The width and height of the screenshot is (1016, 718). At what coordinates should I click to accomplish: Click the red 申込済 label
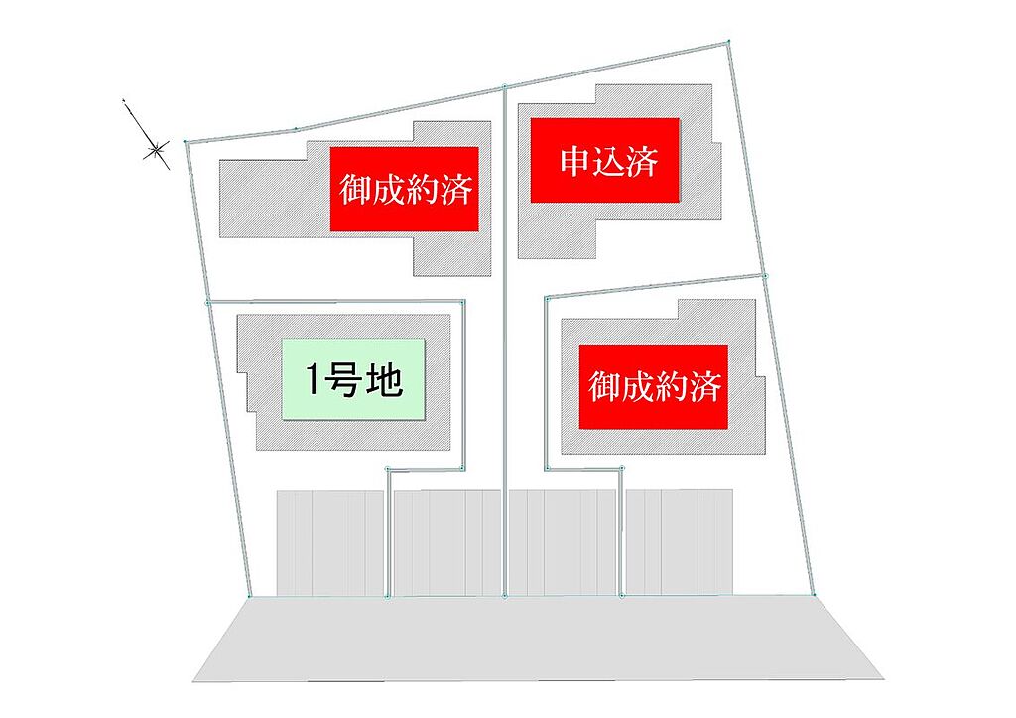605,160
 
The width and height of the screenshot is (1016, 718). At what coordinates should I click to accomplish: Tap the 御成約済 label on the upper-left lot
405,189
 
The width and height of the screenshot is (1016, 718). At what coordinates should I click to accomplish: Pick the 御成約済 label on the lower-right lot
654,386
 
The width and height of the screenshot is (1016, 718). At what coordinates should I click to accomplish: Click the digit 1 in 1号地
312,380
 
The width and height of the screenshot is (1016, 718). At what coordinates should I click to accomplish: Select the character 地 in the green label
384,380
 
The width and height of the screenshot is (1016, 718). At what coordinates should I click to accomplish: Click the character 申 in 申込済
573,160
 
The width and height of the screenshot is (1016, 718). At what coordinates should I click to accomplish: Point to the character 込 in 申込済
608,161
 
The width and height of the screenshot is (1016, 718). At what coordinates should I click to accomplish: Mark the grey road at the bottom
538,639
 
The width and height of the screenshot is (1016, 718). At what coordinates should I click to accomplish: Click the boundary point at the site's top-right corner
729,42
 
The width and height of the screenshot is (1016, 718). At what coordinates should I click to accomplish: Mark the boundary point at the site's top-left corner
186,141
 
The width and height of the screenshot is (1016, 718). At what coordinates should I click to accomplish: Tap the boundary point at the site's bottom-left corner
249,596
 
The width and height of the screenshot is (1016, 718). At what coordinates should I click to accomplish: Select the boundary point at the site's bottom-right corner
814,595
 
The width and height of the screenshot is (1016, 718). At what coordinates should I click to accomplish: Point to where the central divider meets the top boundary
505,86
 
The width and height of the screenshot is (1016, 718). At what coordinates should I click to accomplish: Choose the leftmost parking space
295,542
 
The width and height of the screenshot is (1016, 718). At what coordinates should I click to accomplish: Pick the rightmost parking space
714,542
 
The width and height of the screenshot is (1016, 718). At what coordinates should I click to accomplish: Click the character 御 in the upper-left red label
355,190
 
